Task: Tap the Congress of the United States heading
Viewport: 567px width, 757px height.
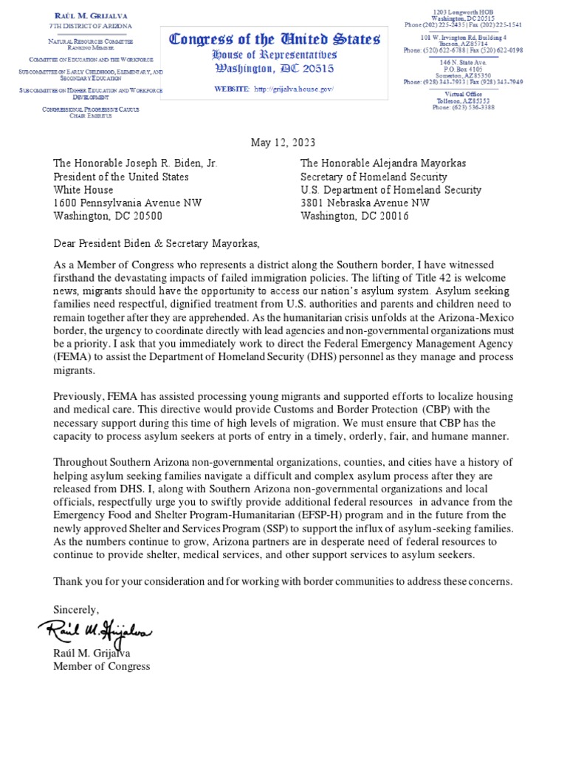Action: point(275,39)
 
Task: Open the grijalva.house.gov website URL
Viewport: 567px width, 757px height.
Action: point(294,89)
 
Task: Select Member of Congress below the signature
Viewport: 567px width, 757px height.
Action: point(101,666)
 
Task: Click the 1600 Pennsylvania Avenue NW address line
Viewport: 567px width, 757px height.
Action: point(127,203)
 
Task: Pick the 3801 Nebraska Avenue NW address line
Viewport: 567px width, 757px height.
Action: point(365,203)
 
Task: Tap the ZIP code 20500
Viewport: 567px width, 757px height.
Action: point(147,217)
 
